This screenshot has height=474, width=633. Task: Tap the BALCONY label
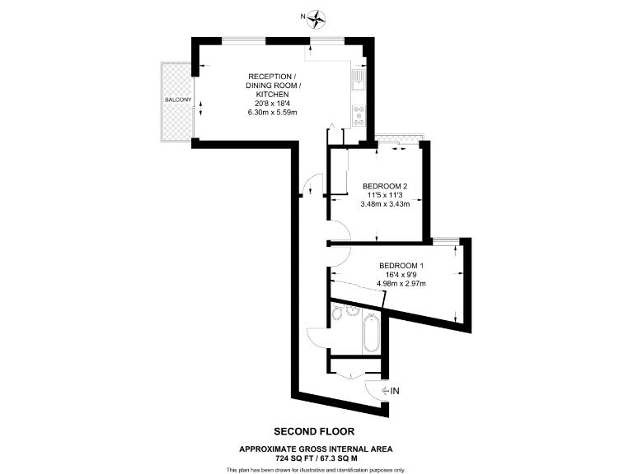tap(178, 100)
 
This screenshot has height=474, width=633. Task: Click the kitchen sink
tap(359, 79)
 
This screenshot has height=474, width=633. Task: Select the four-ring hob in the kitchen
tap(359, 116)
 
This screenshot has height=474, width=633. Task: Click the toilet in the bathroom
tap(337, 314)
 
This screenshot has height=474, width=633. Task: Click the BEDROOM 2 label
tap(386, 185)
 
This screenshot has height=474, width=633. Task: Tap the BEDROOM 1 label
tap(401, 265)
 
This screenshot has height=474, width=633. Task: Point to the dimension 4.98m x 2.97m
tap(401, 284)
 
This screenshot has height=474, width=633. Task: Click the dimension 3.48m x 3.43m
tap(386, 204)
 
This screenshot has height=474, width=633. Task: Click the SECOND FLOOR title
tap(316, 430)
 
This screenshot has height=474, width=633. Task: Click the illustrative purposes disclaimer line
tap(316, 469)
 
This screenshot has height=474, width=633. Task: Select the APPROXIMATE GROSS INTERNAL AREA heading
tap(316, 448)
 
